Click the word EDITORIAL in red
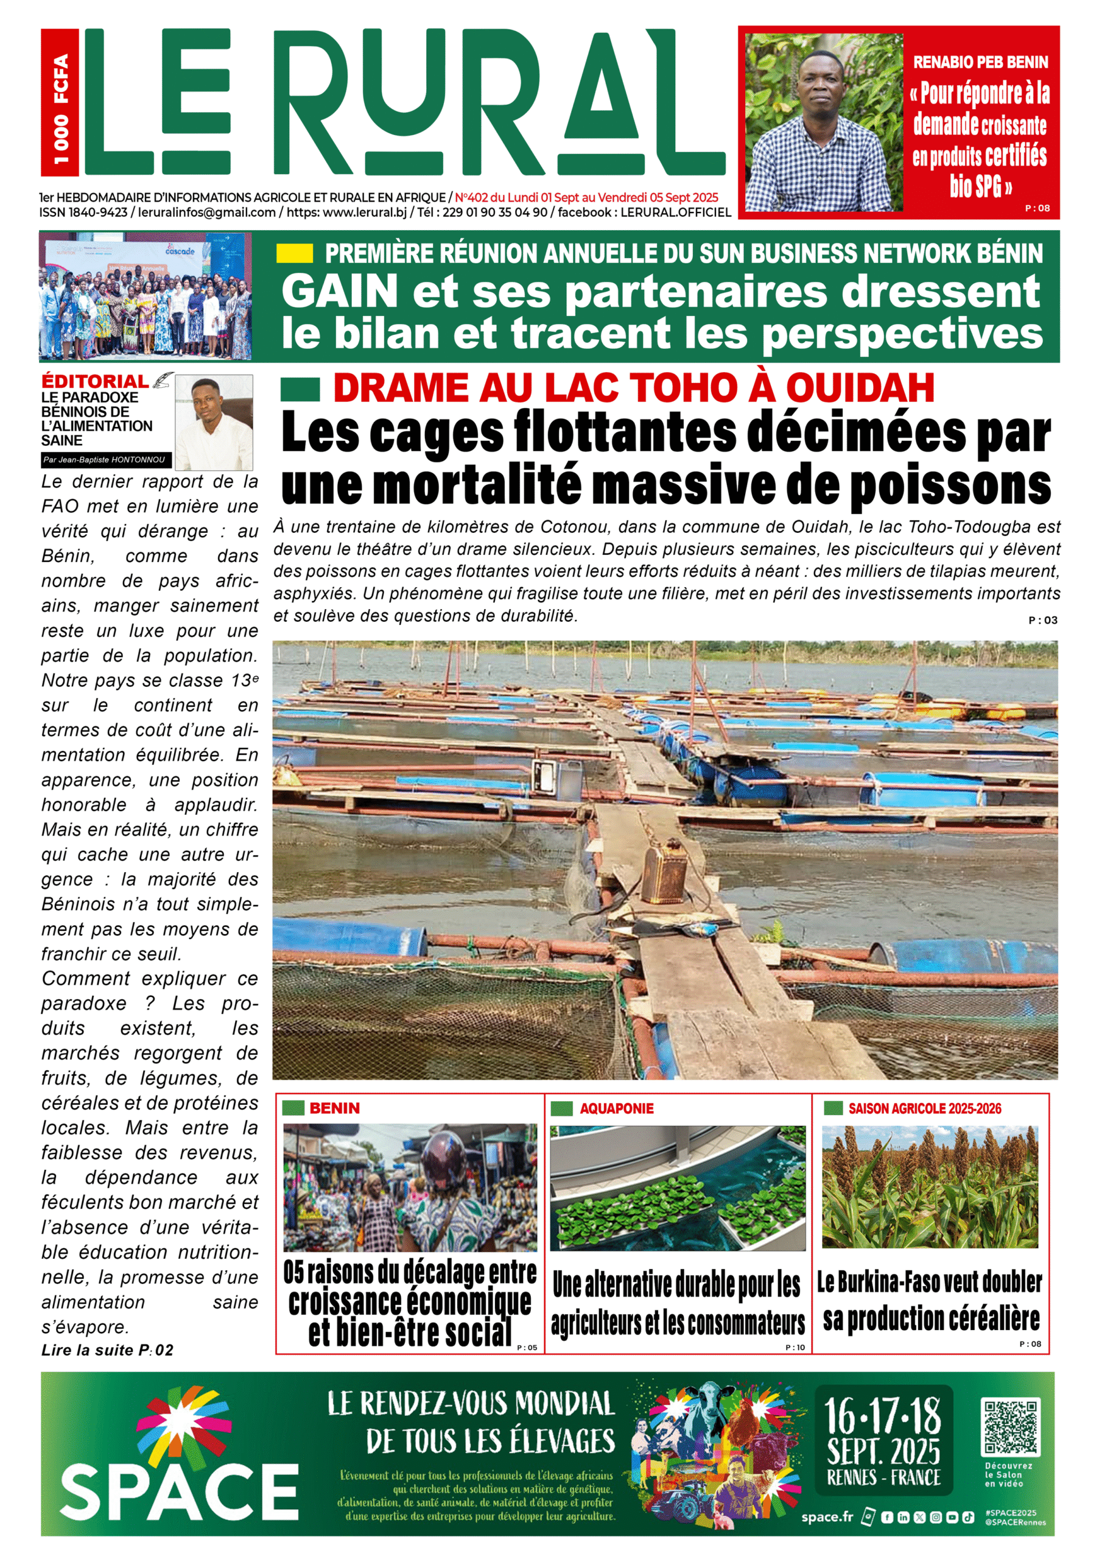coord(94,382)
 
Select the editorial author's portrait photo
coord(214,421)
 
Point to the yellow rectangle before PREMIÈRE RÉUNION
coord(295,254)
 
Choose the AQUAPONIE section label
coord(616,1109)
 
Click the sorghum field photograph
coord(930,1186)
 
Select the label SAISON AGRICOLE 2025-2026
coord(924,1109)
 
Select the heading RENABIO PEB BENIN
coord(980,63)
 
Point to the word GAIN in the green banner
coord(339,292)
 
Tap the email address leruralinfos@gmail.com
coord(206,213)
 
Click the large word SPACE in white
coord(179,1493)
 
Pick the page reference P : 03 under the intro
coord(1042,620)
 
